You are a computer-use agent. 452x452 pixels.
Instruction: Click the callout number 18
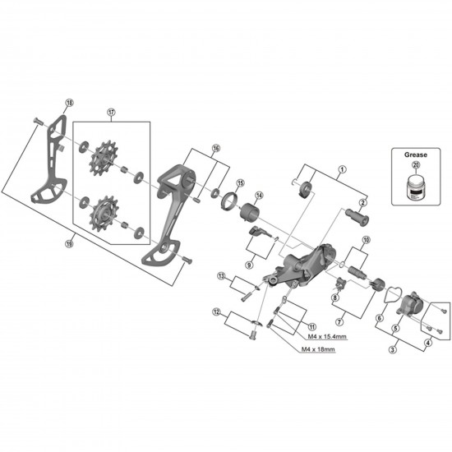click(x=69, y=103)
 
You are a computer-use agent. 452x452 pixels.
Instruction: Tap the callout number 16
click(x=216, y=149)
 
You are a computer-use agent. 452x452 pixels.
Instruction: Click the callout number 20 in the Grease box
click(x=415, y=164)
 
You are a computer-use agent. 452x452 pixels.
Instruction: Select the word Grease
click(x=415, y=154)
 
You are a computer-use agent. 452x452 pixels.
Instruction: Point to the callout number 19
click(x=68, y=243)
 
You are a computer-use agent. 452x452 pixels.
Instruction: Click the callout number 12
click(x=216, y=312)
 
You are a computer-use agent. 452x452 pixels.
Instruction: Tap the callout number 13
click(x=221, y=275)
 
